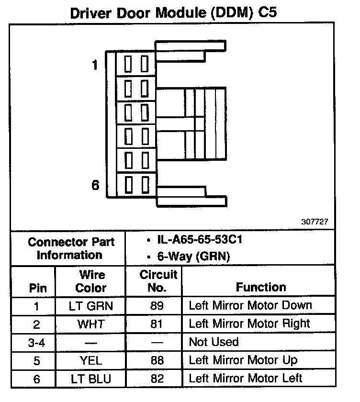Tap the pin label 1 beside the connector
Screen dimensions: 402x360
tap(96, 65)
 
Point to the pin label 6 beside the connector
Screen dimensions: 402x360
tap(96, 185)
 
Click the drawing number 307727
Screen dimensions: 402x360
tap(315, 222)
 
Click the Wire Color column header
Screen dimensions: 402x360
tap(91, 281)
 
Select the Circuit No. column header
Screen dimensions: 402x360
tap(158, 281)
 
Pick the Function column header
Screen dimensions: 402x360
tap(261, 287)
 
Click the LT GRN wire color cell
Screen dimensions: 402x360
tap(91, 306)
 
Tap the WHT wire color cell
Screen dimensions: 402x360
tap(91, 324)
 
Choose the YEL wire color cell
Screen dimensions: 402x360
tap(91, 360)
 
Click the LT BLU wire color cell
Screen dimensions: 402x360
tap(91, 379)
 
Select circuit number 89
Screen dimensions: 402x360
tap(157, 306)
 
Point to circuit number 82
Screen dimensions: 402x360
tap(157, 379)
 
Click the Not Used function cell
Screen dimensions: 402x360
tap(214, 342)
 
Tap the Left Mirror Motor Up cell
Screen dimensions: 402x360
tap(243, 360)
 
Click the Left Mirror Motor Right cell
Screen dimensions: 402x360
tap(249, 324)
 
